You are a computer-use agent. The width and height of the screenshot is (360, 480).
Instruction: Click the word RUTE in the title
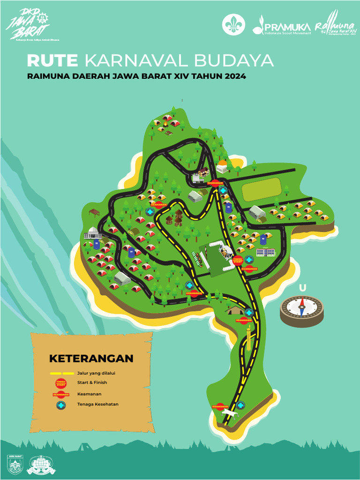[x=53, y=61]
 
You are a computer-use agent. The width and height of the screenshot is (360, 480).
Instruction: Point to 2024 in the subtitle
[x=235, y=75]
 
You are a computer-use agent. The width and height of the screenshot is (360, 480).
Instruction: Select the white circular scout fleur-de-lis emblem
[x=233, y=24]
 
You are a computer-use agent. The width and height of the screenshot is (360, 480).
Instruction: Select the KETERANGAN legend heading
[x=91, y=359]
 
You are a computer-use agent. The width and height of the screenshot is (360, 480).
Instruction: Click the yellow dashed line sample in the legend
[x=61, y=374]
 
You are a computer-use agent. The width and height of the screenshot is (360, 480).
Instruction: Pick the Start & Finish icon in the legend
[x=61, y=383]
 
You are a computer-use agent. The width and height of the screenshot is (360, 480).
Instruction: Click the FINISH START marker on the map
[x=238, y=260]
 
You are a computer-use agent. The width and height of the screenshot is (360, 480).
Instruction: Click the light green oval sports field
[x=261, y=190]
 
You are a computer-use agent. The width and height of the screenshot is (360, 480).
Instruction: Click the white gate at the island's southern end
[x=231, y=413]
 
